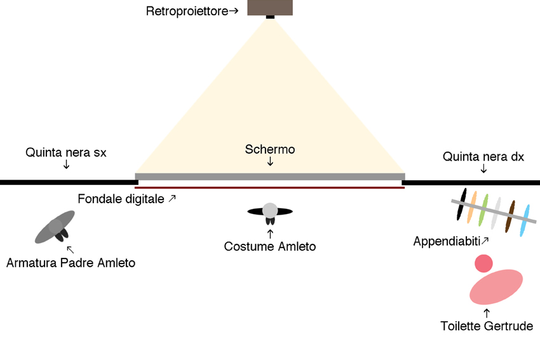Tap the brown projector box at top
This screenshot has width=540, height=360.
click(x=270, y=7)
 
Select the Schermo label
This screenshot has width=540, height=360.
click(x=270, y=150)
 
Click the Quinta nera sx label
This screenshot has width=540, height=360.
click(x=66, y=152)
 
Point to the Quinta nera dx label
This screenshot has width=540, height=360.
click(x=483, y=156)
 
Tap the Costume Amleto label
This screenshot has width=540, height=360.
click(x=270, y=246)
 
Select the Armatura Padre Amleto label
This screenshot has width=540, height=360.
click(x=71, y=262)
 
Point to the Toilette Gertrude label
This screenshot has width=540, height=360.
click(x=487, y=326)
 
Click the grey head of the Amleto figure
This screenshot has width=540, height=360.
click(x=271, y=210)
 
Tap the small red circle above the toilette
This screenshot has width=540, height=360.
click(x=483, y=263)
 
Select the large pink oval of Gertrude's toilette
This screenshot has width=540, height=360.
click(x=496, y=287)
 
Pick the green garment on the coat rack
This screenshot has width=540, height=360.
click(x=485, y=210)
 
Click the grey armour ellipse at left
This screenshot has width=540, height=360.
click(x=55, y=227)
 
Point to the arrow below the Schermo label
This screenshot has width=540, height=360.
click(x=270, y=163)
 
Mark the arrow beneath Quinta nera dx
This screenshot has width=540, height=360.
click(x=483, y=169)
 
